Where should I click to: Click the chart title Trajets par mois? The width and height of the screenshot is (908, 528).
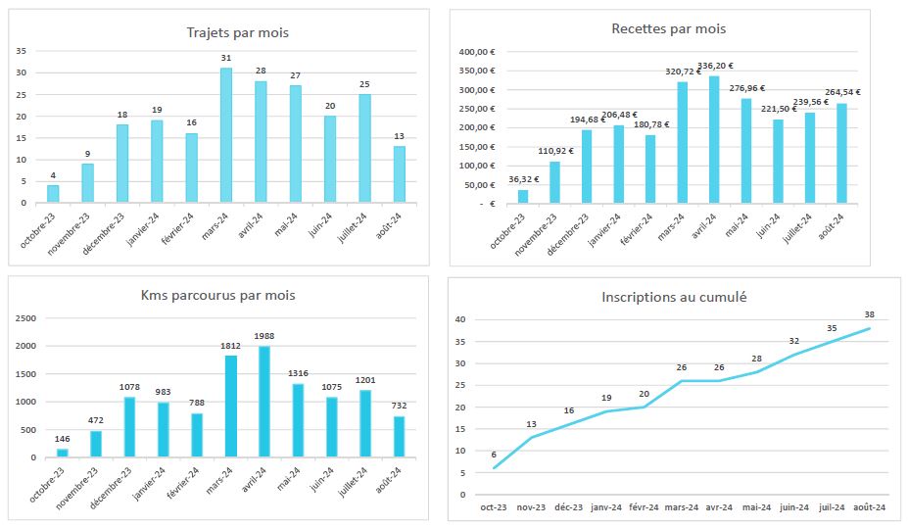237,33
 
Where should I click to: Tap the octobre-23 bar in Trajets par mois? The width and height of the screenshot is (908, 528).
53,194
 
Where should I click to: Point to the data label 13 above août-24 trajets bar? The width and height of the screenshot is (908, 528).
400,136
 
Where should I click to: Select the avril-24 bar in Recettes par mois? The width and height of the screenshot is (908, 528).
714,140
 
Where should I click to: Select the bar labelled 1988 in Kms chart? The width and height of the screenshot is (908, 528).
263,402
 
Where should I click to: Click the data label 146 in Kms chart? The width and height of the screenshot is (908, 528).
63,439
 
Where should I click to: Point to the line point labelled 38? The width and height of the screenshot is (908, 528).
869,328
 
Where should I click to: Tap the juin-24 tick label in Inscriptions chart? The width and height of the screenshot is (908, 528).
793,507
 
